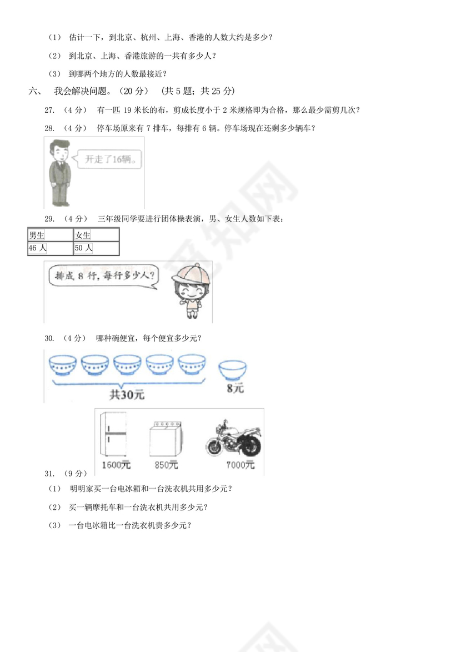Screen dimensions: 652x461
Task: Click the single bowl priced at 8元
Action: pos(232,369)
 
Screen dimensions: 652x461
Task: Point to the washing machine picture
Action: pos(164,440)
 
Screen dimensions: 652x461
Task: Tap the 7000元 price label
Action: pos(240,465)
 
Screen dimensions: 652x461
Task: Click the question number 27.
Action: pos(49,109)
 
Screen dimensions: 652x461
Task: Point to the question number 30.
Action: pos(49,338)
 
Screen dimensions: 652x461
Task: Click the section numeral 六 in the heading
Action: pos(32,91)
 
